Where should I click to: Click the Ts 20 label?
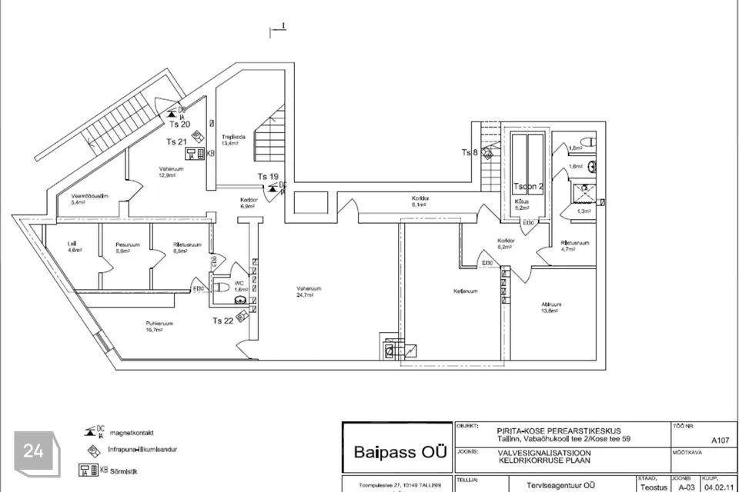(179, 124)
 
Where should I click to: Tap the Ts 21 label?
(176, 141)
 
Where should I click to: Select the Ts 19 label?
(267, 176)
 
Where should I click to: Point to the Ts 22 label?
(223, 321)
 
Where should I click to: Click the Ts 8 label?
(470, 152)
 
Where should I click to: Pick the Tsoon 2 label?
(529, 187)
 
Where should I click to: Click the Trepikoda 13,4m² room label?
(233, 140)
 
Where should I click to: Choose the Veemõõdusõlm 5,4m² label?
(89, 199)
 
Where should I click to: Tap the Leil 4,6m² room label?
(75, 248)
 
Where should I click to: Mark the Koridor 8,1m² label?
(420, 201)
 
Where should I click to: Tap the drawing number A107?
(720, 440)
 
